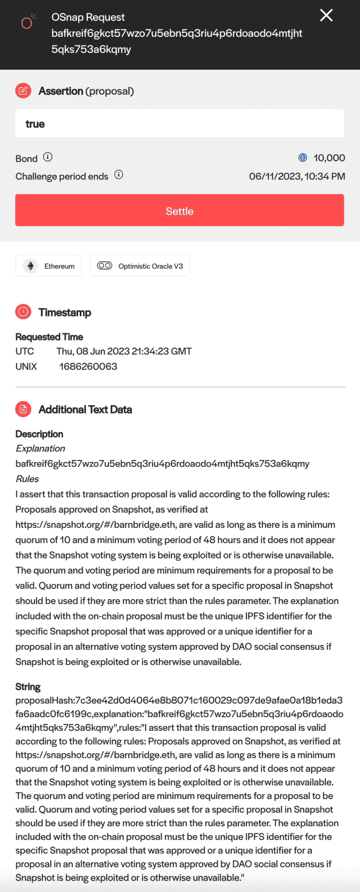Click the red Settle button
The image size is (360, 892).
click(x=180, y=210)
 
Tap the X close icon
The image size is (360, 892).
click(x=326, y=16)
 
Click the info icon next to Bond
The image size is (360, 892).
click(x=48, y=157)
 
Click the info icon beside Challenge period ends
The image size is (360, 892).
click(x=119, y=175)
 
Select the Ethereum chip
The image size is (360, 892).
click(x=48, y=266)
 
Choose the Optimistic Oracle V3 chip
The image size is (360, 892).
click(x=140, y=266)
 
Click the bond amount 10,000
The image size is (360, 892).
click(x=329, y=158)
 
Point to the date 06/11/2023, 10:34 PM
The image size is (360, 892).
click(x=297, y=176)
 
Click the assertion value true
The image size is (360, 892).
click(x=35, y=124)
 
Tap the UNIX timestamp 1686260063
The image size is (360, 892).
click(x=88, y=366)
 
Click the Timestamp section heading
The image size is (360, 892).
click(x=65, y=312)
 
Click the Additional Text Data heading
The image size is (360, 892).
click(x=85, y=410)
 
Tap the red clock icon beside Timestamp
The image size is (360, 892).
click(x=23, y=312)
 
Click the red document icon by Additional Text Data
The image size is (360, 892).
click(x=23, y=409)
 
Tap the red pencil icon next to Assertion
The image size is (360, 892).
click(x=23, y=90)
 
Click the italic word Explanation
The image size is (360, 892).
click(x=40, y=449)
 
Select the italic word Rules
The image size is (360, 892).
click(x=27, y=479)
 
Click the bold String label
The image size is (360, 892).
click(x=28, y=687)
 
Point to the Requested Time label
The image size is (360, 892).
click(x=49, y=337)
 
